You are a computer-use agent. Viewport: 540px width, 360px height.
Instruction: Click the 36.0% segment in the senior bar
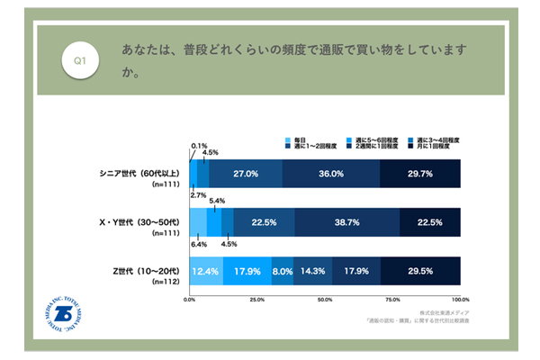(x=331, y=173)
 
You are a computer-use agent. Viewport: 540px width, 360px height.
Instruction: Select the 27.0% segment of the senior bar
(x=246, y=173)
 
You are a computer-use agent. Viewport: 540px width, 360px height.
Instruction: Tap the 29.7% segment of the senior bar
(x=420, y=173)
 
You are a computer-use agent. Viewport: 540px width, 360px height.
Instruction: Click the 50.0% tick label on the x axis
(x=325, y=298)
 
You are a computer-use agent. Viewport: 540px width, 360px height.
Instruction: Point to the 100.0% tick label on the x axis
(x=460, y=298)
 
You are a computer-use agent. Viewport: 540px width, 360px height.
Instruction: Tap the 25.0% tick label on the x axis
(x=257, y=298)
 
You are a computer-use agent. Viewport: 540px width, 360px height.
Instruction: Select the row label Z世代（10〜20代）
(x=145, y=270)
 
